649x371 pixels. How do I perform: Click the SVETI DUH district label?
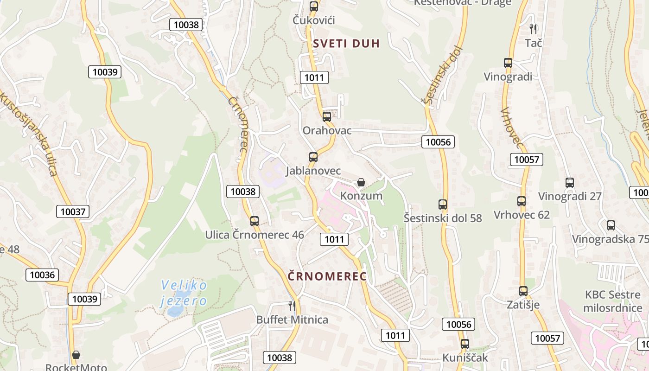[346, 44]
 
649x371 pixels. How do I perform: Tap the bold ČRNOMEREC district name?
[327, 276]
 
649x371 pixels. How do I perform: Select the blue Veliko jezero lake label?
[184, 293]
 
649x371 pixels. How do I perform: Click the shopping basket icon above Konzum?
[361, 183]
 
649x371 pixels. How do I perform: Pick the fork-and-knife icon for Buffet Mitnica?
[292, 306]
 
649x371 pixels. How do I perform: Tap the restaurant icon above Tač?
[533, 29]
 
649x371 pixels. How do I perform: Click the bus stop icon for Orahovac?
[327, 117]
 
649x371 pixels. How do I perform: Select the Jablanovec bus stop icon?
[313, 157]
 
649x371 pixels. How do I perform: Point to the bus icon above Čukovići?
[314, 6]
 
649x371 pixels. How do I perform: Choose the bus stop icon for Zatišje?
[523, 291]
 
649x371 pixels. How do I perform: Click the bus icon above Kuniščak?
[465, 344]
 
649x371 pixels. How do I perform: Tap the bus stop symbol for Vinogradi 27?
[570, 183]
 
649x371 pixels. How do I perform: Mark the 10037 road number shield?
[73, 211]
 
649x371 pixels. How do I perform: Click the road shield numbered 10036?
[42, 275]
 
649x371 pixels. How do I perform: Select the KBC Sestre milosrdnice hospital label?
[613, 301]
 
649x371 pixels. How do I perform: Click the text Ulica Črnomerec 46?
[255, 235]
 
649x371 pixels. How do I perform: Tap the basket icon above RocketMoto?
[76, 355]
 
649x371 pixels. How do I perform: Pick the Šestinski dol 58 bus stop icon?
[443, 204]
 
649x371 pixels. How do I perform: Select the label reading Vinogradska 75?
[610, 239]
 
